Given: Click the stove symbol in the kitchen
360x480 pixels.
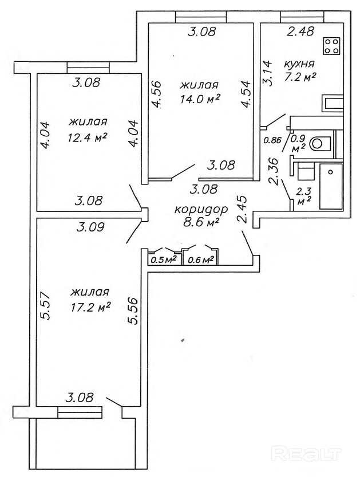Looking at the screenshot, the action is point(330,46).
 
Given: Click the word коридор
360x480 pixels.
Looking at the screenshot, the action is point(201,209).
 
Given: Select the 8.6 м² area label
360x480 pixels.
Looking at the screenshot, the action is point(201,223).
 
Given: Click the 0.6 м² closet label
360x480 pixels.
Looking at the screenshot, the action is point(200,259).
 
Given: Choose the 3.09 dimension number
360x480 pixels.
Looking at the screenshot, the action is point(90,226).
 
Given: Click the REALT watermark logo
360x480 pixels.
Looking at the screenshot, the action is point(307,454).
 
